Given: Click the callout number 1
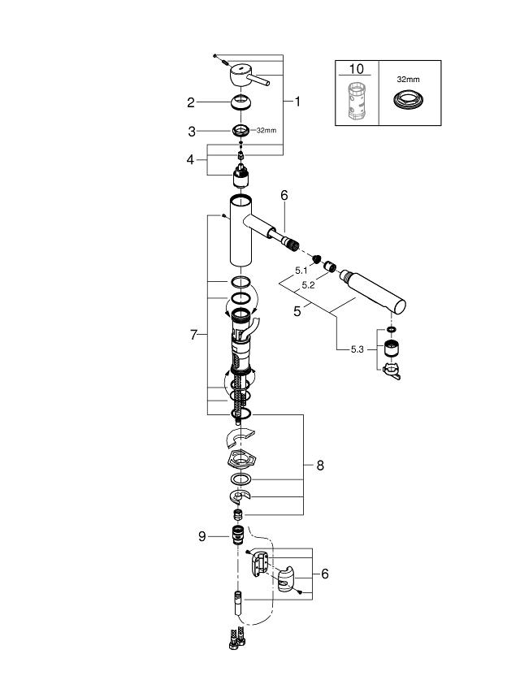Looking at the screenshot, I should tap(297, 102).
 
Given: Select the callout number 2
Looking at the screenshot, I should tap(191, 102).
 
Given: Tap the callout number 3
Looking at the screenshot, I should tap(191, 130).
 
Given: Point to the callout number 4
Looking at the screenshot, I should tap(191, 160).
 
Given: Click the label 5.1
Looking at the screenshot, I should tap(301, 271).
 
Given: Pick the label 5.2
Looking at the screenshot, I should tap(309, 285).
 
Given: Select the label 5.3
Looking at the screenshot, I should tap(357, 349).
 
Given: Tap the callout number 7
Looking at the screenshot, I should tap(194, 335).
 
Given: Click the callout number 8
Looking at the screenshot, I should tap(319, 466).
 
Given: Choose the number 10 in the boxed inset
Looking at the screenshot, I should tap(358, 70).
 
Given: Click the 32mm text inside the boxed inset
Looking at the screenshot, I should tap(408, 80).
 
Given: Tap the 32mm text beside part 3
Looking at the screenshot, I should tap(267, 130).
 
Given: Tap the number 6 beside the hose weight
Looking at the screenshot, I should tap(325, 574).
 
